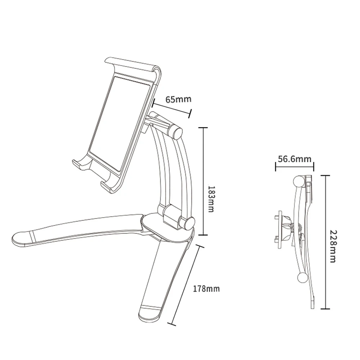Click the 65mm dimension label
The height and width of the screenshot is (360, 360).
179,99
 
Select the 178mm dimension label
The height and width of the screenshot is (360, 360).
206,289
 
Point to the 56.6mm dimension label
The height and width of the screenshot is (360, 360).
294,159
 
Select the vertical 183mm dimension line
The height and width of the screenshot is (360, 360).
203,181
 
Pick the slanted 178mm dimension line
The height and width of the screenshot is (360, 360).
186,285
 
